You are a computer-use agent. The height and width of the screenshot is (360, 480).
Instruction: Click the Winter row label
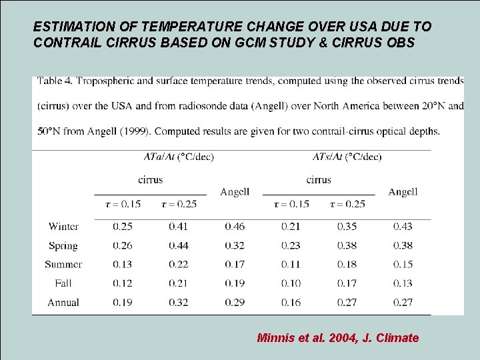[63, 227]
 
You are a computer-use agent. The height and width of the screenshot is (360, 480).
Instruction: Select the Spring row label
[63, 246]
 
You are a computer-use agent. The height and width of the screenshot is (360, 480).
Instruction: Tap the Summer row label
[63, 265]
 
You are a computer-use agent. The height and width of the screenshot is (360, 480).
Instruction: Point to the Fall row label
[63, 283]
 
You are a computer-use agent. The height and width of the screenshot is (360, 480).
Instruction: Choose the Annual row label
[63, 303]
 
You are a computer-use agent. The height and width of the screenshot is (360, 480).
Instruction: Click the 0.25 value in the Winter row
[123, 227]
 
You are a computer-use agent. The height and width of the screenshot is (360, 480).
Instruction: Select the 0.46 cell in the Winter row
[235, 227]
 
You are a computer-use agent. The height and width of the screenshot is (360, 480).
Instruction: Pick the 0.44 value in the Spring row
[179, 246]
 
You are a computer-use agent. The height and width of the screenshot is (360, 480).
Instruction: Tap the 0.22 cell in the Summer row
[179, 265]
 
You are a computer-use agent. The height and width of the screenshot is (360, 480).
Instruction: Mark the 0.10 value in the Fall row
[291, 283]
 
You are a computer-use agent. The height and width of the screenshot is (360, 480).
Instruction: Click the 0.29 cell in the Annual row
[235, 303]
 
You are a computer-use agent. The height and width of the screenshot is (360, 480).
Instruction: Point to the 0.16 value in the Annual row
[291, 303]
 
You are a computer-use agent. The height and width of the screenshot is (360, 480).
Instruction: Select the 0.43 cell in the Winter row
[403, 227]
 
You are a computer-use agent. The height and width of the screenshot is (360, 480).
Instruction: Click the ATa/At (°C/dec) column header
[179, 157]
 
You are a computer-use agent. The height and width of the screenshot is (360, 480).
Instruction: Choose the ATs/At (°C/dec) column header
[347, 157]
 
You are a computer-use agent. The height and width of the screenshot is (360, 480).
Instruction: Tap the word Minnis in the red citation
[275, 338]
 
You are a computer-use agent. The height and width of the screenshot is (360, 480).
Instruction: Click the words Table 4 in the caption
[55, 81]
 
